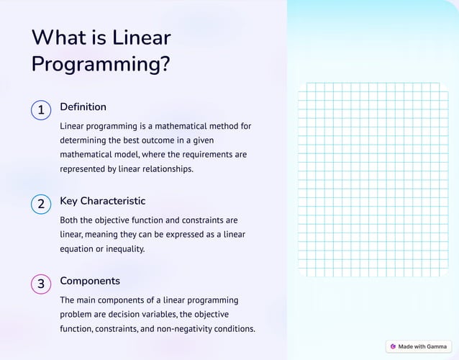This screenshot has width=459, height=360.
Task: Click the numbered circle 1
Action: (x=41, y=110)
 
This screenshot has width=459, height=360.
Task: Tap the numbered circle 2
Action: (x=41, y=204)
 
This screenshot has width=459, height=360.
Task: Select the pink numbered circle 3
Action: (x=41, y=284)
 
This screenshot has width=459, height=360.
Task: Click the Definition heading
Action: (x=83, y=107)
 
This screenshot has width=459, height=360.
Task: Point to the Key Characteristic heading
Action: (x=102, y=201)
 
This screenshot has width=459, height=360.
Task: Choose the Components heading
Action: (x=90, y=281)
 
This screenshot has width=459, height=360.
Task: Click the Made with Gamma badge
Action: (x=419, y=346)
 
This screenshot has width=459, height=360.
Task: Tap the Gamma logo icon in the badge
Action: (x=393, y=346)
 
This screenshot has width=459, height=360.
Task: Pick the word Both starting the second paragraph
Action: (x=71, y=220)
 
